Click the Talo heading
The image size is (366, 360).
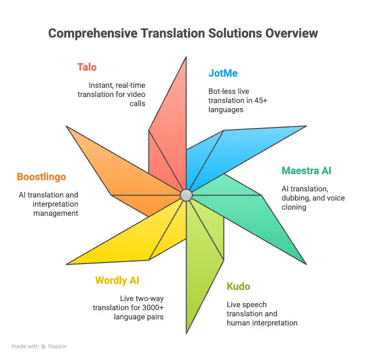[87, 67]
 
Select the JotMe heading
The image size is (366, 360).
[223, 73]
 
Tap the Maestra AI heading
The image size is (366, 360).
[307, 171]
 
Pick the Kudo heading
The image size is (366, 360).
[238, 286]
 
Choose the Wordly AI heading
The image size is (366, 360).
[117, 280]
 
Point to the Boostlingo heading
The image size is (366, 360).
[41, 177]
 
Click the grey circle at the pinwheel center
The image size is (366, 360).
[186, 195]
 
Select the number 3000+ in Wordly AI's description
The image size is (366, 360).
[154, 308]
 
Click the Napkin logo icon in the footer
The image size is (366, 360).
[44, 346]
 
